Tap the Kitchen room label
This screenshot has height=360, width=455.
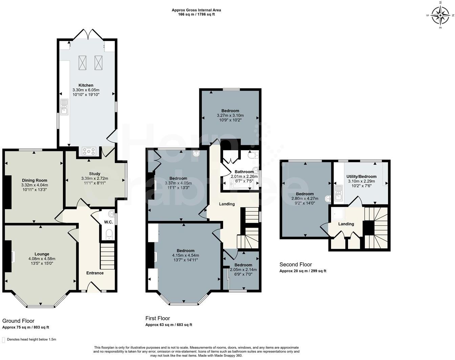pos(86,85)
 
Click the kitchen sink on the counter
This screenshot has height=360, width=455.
pos(64,107)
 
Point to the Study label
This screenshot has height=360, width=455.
pos(95,174)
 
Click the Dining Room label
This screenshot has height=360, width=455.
pos(35,180)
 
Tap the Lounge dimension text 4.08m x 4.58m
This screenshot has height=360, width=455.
pos(42,259)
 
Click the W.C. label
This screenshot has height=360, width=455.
pos(108,222)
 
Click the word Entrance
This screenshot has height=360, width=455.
pos(95,273)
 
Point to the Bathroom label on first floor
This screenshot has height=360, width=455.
pos(244,172)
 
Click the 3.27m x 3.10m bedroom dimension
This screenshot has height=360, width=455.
pos(230,115)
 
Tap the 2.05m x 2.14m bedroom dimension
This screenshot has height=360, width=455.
pos(243,270)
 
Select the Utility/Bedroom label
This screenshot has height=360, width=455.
pos(361,177)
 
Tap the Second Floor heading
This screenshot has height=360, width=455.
pos(296,265)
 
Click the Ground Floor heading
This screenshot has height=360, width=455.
pos(18,321)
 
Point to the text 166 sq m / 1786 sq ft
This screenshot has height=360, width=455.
pos(196,15)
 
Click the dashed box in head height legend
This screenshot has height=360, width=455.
pos(4,339)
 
